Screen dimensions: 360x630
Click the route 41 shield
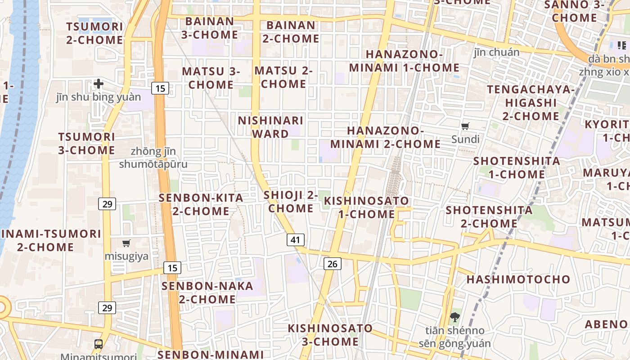295,240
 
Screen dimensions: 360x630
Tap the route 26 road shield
332,264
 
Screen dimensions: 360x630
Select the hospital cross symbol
99,84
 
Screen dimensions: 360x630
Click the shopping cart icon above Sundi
465,126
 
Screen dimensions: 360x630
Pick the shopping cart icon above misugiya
126,243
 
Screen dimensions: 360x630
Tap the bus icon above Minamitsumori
99,344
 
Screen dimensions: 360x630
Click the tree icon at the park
454,317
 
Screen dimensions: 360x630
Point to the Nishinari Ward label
270,127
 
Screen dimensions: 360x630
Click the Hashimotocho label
518,279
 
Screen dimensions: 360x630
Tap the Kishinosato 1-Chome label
367,207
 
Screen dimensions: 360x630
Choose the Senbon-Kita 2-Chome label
201,204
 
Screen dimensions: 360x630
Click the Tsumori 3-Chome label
87,144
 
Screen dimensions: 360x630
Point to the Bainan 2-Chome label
291,32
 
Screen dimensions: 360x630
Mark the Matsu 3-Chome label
211,78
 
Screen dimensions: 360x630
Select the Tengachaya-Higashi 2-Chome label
531,103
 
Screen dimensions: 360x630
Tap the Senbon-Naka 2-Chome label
207,292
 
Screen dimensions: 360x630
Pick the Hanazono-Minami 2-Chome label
386,137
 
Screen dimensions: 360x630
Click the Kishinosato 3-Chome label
330,335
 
